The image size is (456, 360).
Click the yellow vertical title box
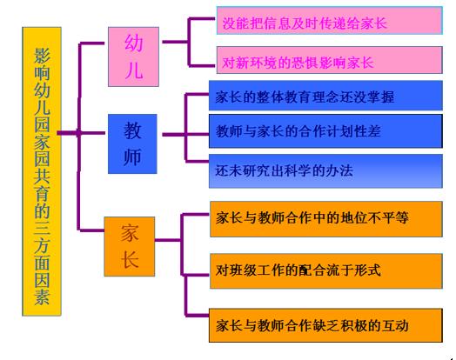tap(42, 171)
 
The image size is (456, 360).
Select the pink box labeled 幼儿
tap(133, 57)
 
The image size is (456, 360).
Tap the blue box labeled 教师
tap(132, 143)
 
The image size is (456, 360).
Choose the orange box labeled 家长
tap(130, 246)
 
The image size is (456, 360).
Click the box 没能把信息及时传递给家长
tap(330, 21)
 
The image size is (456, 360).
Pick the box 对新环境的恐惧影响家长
tap(330, 60)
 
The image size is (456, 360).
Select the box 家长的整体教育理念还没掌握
tap(325, 96)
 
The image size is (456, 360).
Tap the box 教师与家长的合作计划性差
tap(325, 131)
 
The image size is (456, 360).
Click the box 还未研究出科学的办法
tap(325, 171)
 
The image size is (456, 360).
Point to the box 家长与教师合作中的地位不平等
tap(326, 219)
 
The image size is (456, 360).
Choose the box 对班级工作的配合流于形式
tap(326, 270)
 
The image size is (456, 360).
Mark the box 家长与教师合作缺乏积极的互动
tap(325, 325)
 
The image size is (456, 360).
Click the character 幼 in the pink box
tap(134, 43)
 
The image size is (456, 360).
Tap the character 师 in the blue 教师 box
tap(132, 157)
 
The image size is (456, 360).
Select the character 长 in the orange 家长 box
tap(130, 259)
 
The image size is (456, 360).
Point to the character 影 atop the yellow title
tap(42, 55)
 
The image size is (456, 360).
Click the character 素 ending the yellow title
tap(42, 297)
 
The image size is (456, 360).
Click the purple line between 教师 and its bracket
tap(174, 135)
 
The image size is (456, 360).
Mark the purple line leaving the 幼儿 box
tap(175, 42)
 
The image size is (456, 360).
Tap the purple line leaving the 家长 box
tap(168, 240)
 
